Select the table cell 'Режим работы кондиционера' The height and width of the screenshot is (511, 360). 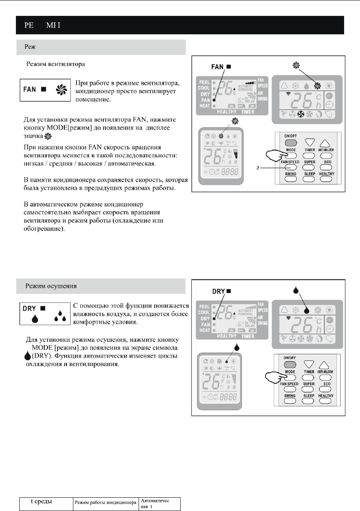pos(106,501)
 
